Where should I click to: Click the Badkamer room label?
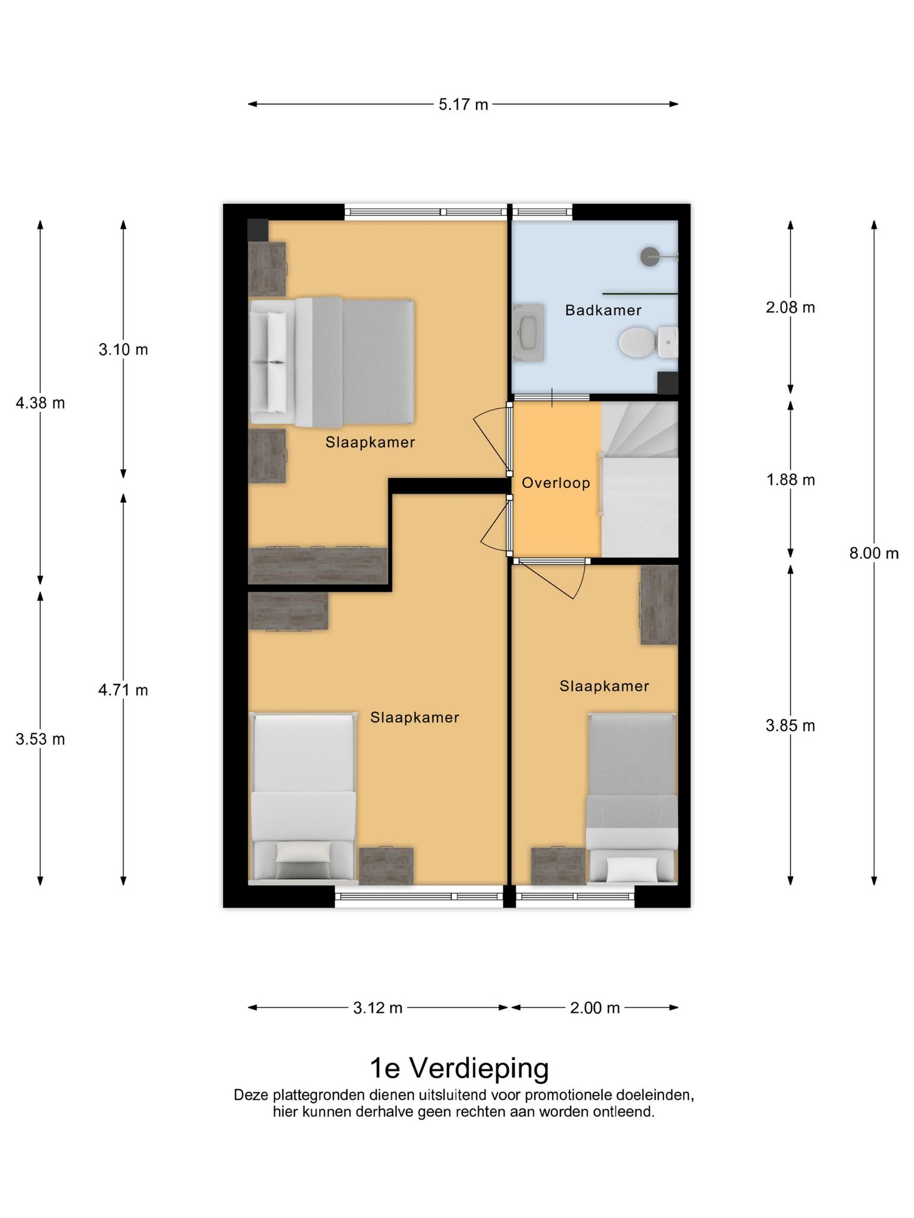pyautogui.click(x=603, y=310)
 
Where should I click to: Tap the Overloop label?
pyautogui.click(x=556, y=483)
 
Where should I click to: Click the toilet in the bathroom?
pyautogui.click(x=648, y=342)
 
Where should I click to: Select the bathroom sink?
pyautogui.click(x=528, y=332)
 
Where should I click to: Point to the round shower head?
pyautogui.click(x=649, y=257)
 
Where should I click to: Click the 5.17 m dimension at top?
pyautogui.click(x=463, y=105)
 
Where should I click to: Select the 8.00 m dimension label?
pyautogui.click(x=874, y=553)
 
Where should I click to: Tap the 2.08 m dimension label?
pyautogui.click(x=790, y=307)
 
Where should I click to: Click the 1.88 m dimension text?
pyautogui.click(x=790, y=479)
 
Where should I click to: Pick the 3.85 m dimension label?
pyautogui.click(x=790, y=726)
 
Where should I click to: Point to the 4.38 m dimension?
pyautogui.click(x=40, y=403)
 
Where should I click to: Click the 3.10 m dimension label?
pyautogui.click(x=123, y=349)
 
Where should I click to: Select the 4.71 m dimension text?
pyautogui.click(x=123, y=690)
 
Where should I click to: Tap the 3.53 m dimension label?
pyautogui.click(x=40, y=739)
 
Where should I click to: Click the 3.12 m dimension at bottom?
pyautogui.click(x=378, y=1007)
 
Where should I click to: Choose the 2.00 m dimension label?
pyautogui.click(x=595, y=1007)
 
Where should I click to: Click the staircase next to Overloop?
pyautogui.click(x=640, y=479)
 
